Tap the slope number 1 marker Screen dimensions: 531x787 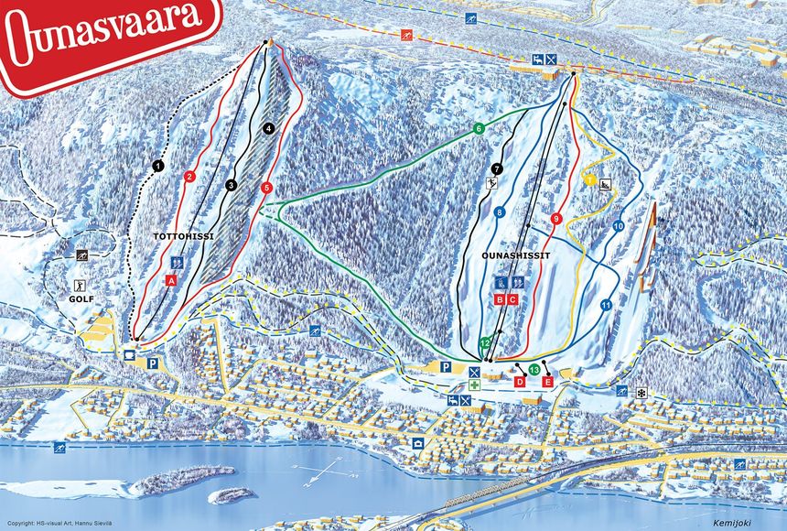pos(157,166)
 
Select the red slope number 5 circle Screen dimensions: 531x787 pos(266,188)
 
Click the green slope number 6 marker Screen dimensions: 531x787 pos(478,129)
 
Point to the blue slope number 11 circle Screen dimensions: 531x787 pos(606,305)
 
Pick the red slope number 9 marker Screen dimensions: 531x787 pos(556,218)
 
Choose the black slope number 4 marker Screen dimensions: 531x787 pos(268,129)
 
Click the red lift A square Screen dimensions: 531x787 pos(171,279)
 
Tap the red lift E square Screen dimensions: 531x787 pos(548,381)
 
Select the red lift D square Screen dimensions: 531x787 pos(520,381)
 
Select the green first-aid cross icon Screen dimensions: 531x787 pos(474,385)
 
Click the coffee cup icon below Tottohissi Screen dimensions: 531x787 pos(129,352)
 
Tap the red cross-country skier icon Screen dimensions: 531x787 pos(406,36)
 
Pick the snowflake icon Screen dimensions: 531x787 pos(641,392)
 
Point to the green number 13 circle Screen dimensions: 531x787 pos(534,370)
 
